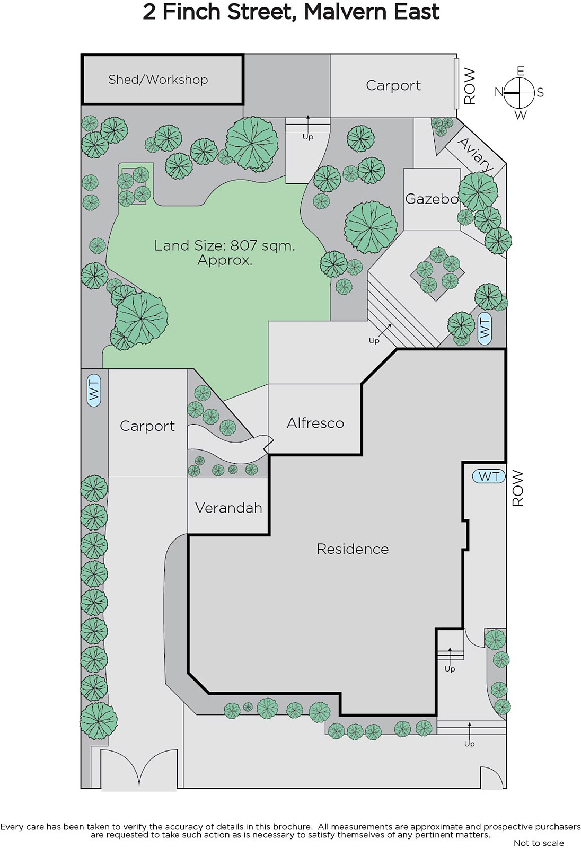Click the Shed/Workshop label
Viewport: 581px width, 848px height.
coord(158,79)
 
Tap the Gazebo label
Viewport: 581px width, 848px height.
coord(432,199)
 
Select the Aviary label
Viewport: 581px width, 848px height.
coord(476,155)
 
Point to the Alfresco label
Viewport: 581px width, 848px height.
coord(315,423)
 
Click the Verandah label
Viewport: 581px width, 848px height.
coord(228,508)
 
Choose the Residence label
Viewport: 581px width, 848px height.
coord(353,549)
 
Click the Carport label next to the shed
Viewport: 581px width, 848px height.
coord(393,85)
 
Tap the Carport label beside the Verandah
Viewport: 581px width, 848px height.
coord(147,426)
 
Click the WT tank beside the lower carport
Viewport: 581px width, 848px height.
coord(94,390)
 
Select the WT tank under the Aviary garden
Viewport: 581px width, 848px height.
coord(485,329)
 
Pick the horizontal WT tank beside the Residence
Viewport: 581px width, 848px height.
coord(489,476)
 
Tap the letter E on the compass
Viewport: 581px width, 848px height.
coord(521,71)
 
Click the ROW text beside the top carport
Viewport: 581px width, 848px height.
coord(470,86)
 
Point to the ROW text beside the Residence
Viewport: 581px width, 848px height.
coord(518,488)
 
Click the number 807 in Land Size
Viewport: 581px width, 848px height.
coord(243,246)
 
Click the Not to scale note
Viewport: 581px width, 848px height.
coord(539,843)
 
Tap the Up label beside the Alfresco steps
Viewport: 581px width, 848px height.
coord(374,341)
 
